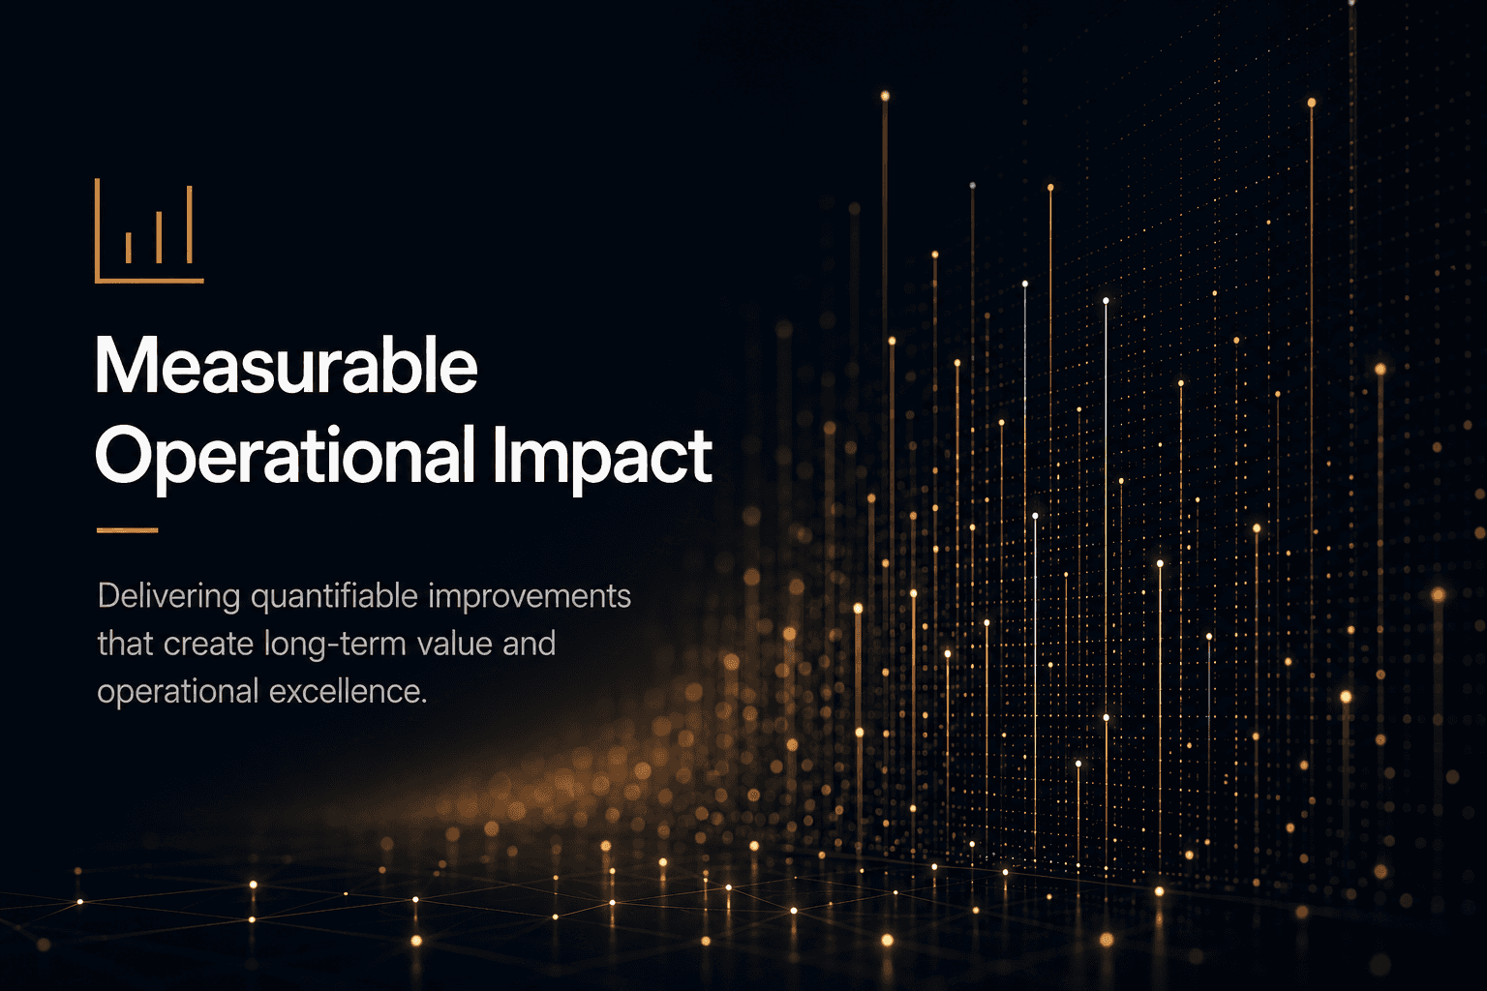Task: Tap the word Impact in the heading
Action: point(602,458)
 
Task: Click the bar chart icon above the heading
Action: point(149,230)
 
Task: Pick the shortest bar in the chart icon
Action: point(128,248)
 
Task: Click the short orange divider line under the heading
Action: point(128,530)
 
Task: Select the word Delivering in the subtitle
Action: point(168,597)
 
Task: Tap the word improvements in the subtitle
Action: point(530,597)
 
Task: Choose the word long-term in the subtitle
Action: point(335,645)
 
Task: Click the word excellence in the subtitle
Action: point(349,692)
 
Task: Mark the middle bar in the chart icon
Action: point(159,238)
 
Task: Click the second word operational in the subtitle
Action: point(178,692)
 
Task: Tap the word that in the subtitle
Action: point(126,645)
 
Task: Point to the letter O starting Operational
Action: point(125,457)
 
